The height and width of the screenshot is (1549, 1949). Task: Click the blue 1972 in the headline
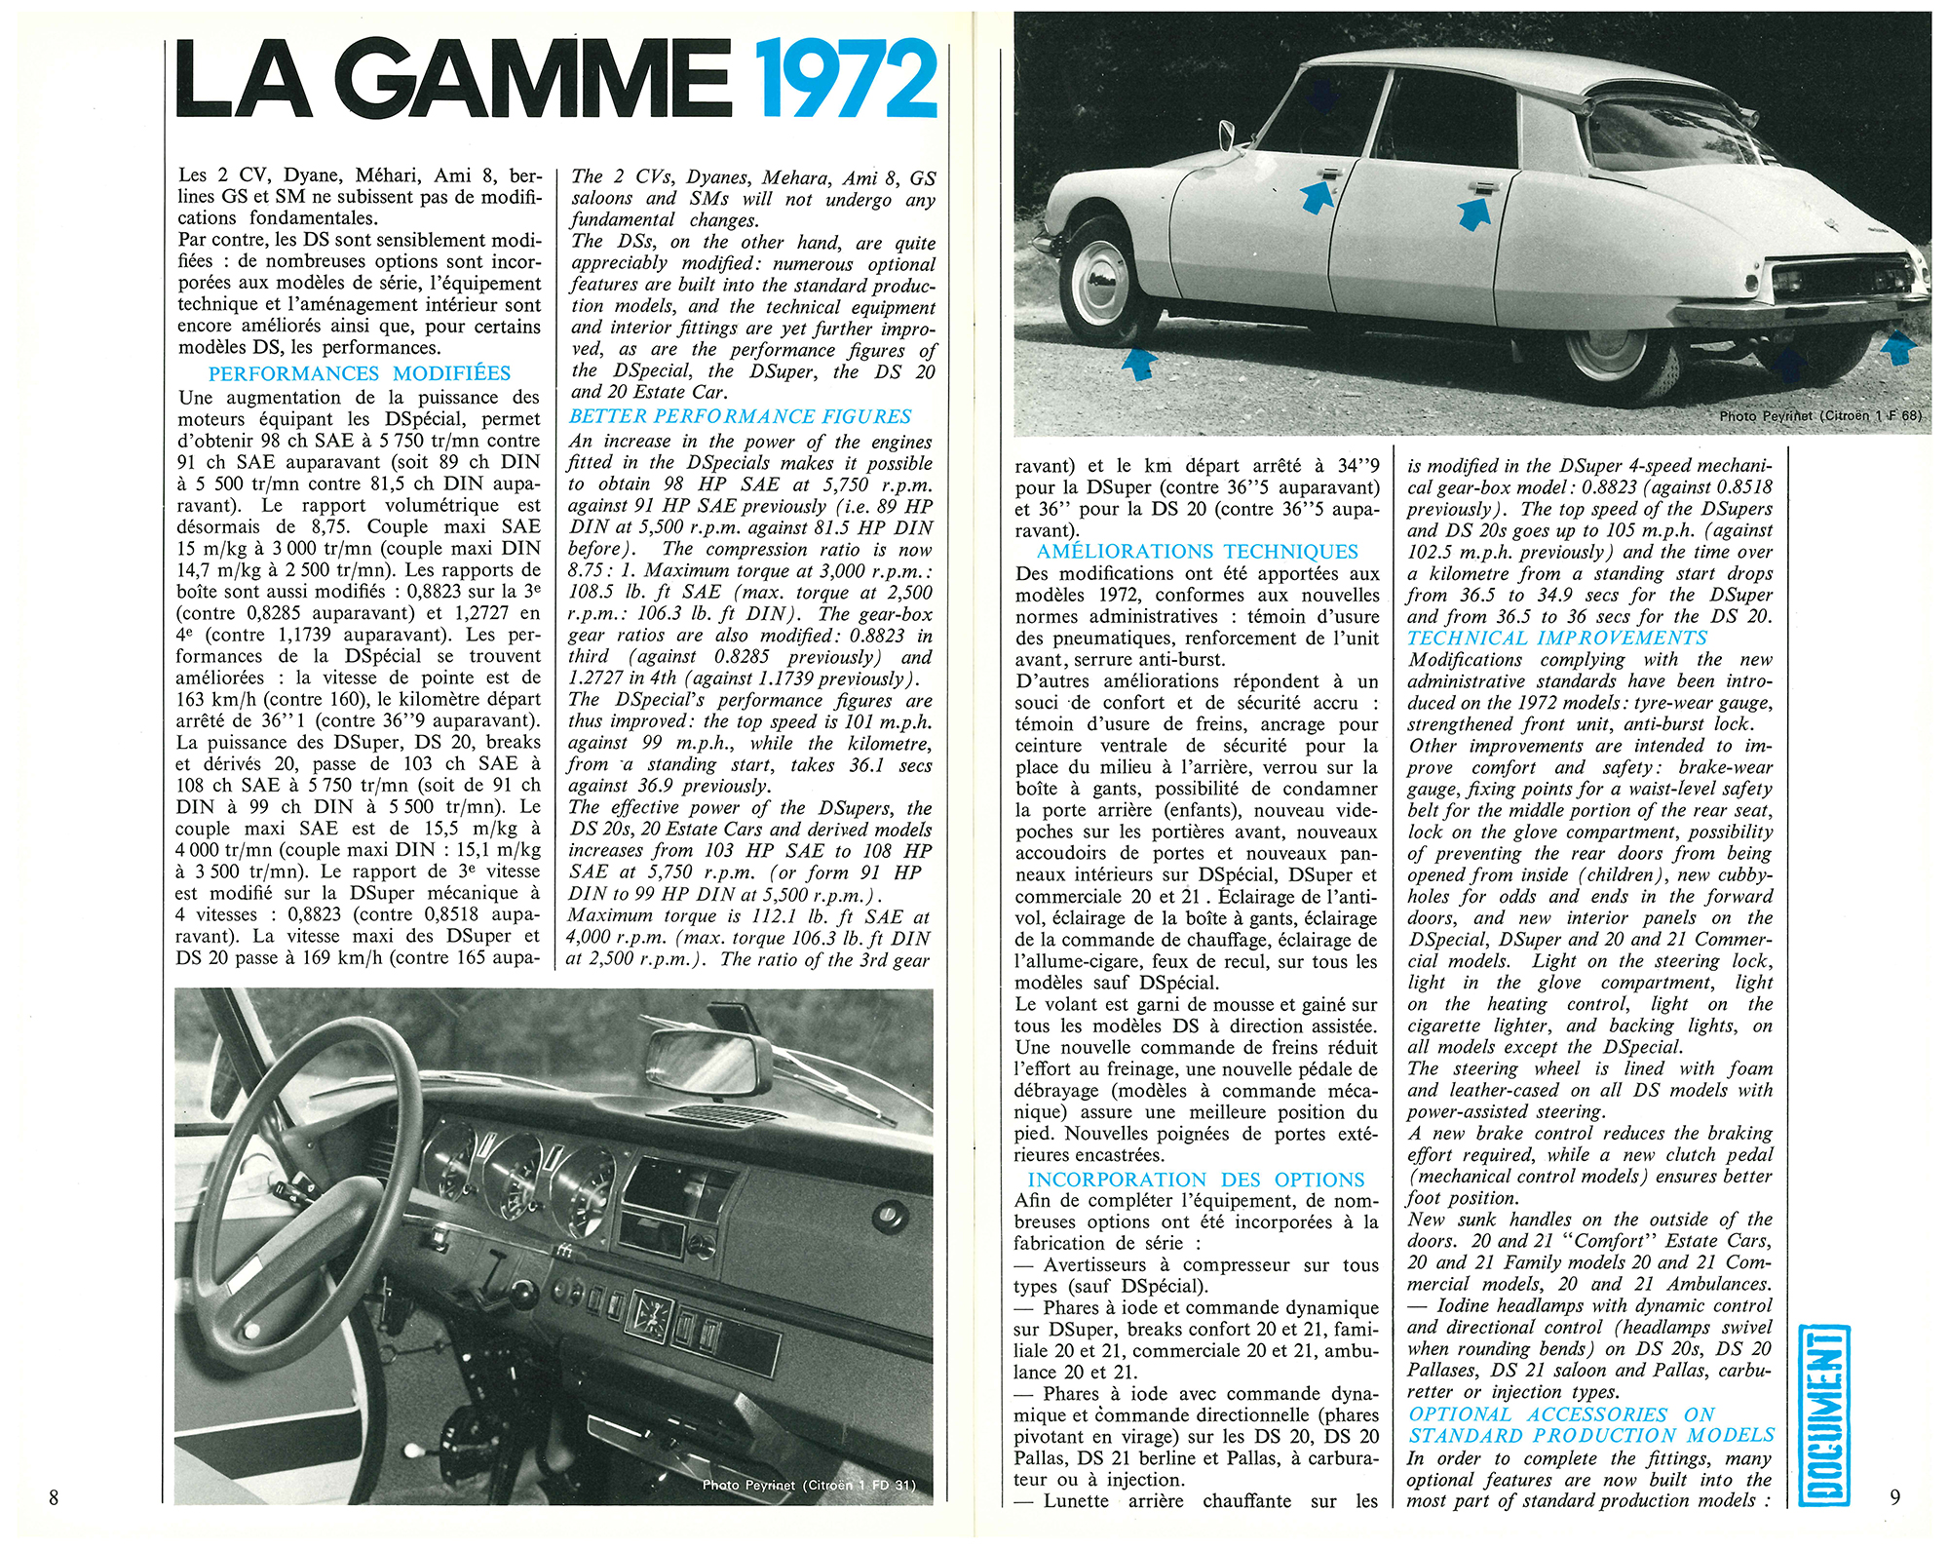845,80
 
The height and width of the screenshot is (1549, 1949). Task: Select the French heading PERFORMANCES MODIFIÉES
359,374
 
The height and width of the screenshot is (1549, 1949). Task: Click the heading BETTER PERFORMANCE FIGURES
741,417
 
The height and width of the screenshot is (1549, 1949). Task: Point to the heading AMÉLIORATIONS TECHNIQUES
1198,552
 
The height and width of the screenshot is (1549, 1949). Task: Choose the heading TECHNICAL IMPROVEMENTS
1557,639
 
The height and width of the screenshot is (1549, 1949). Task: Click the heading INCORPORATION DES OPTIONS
1196,1181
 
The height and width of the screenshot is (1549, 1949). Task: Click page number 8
54,1498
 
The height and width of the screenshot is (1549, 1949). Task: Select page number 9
1894,1496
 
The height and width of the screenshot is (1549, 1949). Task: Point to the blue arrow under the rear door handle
1473,212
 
